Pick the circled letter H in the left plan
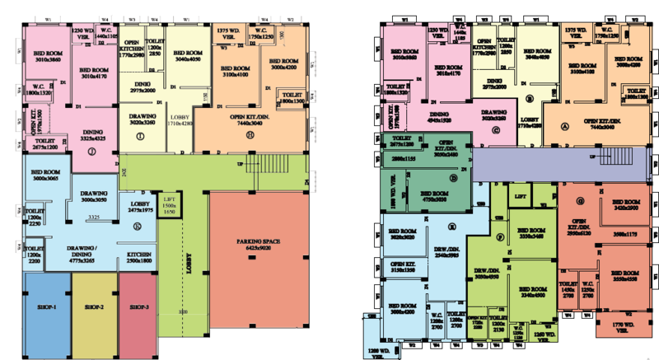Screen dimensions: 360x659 (x=248, y=133)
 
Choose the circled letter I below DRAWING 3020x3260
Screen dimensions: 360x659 (x=141, y=135)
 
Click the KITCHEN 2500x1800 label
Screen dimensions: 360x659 (x=140, y=258)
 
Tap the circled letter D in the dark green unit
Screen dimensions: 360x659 (x=453, y=177)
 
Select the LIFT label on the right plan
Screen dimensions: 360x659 (x=520, y=198)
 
